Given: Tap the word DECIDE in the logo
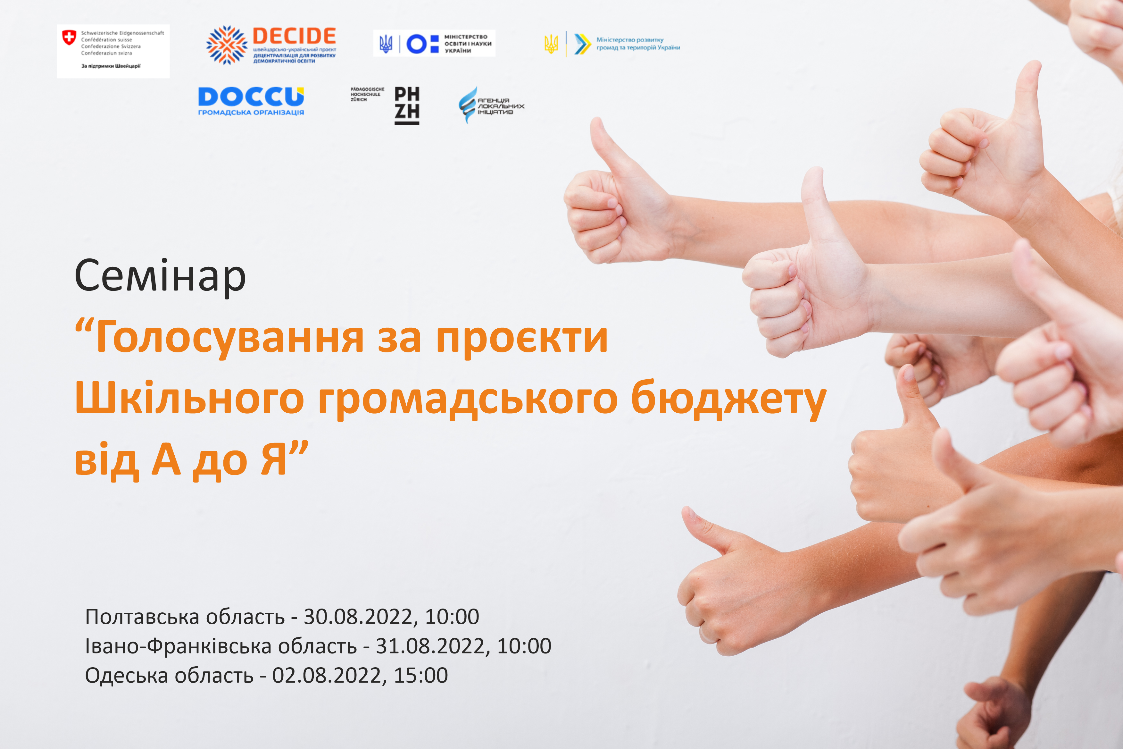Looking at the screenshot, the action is click(x=294, y=36).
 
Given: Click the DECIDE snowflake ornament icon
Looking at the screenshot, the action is click(x=227, y=45).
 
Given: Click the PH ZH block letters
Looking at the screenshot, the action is click(x=407, y=105).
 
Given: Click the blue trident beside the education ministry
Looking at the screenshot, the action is click(x=386, y=44).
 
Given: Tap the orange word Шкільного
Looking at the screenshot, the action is click(x=189, y=398).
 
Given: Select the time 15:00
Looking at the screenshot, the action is click(x=421, y=676).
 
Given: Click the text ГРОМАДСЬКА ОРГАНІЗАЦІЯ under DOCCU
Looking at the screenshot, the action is click(x=251, y=113).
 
